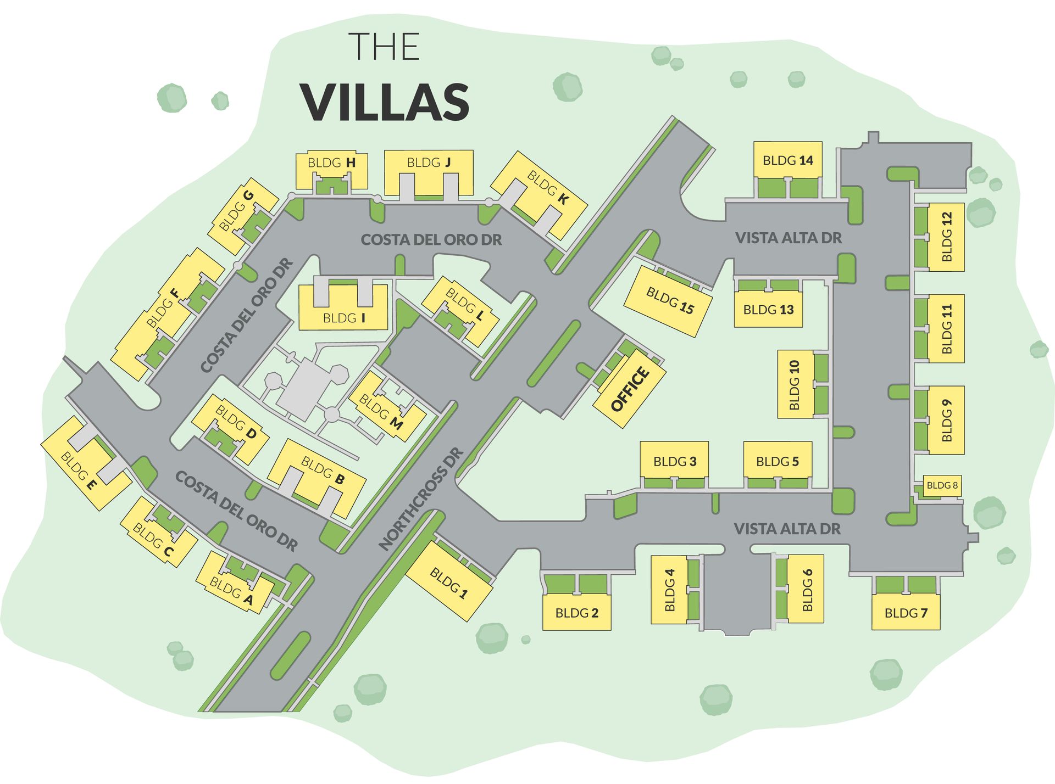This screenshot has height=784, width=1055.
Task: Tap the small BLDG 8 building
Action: point(942,485)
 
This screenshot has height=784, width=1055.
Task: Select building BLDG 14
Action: point(787,160)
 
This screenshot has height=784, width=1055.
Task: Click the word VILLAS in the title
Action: point(385,103)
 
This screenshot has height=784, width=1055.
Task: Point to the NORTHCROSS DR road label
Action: point(421,499)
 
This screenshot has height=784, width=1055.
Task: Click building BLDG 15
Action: point(669,301)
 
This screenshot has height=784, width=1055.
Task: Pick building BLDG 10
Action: point(795,384)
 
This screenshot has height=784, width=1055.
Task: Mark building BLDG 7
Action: point(906,613)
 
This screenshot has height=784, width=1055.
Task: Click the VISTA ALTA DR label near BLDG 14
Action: point(788,238)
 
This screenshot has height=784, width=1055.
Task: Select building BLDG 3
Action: point(674,461)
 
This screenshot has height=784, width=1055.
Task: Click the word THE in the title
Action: point(385,47)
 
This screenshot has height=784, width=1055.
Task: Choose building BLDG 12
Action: point(946,237)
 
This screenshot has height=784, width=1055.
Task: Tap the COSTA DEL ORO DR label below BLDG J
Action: point(431,240)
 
